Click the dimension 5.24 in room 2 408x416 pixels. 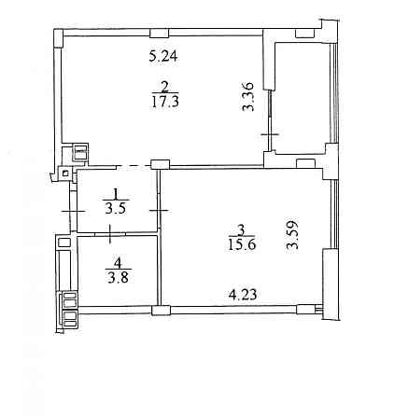pos(163,56)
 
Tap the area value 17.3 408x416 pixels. pos(165,102)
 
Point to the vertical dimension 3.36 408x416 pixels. pos(248,97)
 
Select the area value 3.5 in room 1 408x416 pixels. pos(116,209)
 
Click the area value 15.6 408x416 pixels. pos(242,244)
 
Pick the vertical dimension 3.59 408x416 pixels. pos(292,235)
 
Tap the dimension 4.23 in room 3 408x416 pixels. pos(243,294)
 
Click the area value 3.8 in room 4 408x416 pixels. pos(118,278)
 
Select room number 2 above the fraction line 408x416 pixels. pos(165,87)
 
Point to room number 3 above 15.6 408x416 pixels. pos(240,230)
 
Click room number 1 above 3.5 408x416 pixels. pos(116,194)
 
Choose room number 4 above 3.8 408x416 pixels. pos(118,264)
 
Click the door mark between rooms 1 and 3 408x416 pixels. pos(159,211)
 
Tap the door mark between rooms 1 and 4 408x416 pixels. pos(110,234)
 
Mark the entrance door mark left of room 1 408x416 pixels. pos(73,212)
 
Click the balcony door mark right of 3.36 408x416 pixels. pos(270,134)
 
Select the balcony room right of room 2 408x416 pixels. pos(302,97)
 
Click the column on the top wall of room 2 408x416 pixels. pos(160,33)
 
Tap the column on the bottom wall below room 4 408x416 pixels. pos(162,310)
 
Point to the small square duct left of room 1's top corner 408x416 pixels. pos(65,173)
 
